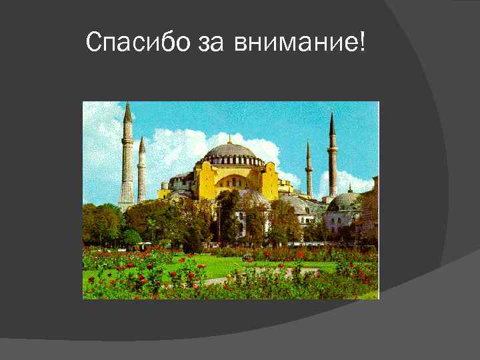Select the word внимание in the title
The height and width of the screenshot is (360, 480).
295,44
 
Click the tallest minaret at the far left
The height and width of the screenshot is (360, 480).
127,160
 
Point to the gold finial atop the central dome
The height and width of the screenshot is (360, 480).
229,138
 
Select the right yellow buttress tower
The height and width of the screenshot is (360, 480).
269,180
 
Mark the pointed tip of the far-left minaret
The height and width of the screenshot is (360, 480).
127,106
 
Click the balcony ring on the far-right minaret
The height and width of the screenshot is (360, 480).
332,151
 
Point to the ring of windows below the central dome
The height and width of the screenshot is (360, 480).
231,161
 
